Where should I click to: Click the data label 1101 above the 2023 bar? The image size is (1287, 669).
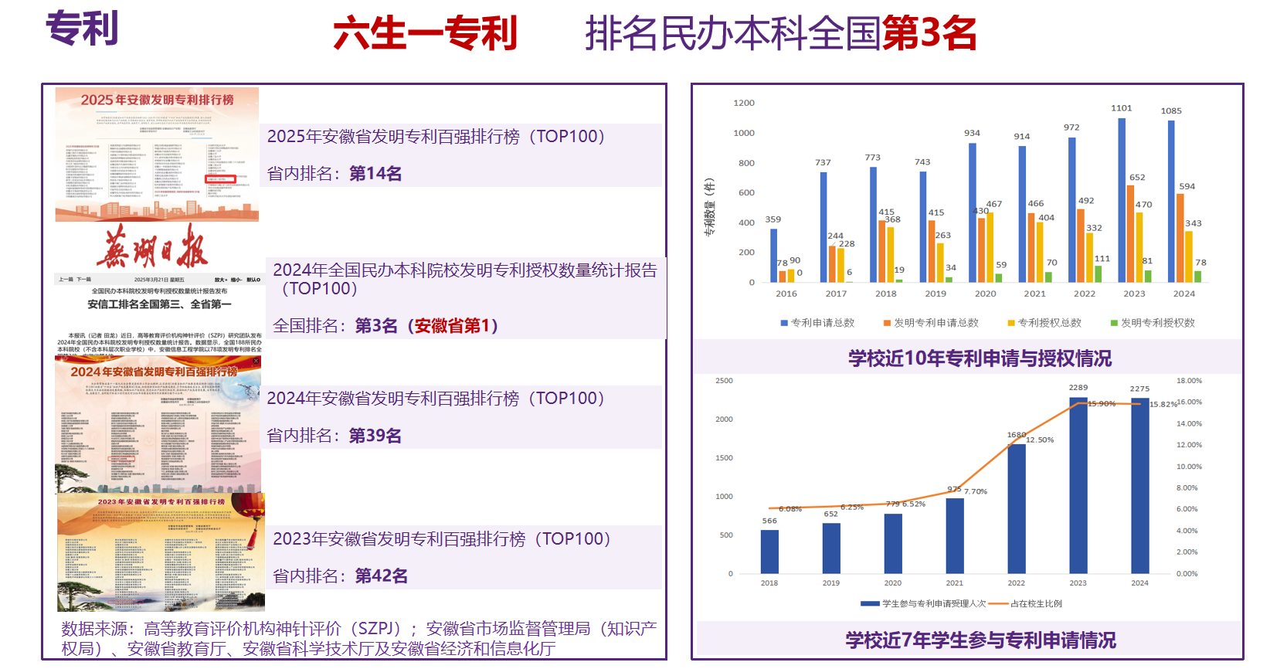coord(1121,108)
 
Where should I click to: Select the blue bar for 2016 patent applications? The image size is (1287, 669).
coord(773,255)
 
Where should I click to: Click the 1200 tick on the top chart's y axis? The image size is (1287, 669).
coord(744,103)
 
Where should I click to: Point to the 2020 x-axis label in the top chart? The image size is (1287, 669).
coord(985,294)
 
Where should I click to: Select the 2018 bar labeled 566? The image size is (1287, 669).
coord(769,552)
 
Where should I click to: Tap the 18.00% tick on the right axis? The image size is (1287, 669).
coord(1189,381)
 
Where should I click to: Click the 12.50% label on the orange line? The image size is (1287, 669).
coord(1041,440)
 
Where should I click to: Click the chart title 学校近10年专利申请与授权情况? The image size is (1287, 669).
coord(980,358)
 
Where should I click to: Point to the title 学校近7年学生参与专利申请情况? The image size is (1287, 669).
coord(980,640)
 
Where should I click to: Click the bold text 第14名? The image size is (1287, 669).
coord(375,174)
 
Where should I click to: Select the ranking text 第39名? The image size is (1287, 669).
coord(375,436)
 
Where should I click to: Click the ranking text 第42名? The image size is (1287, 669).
coord(381,576)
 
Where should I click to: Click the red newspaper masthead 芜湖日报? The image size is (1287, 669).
coord(152,248)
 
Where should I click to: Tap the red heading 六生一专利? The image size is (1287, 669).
coord(424,34)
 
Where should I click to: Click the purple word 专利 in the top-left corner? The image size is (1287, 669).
coord(82,29)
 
